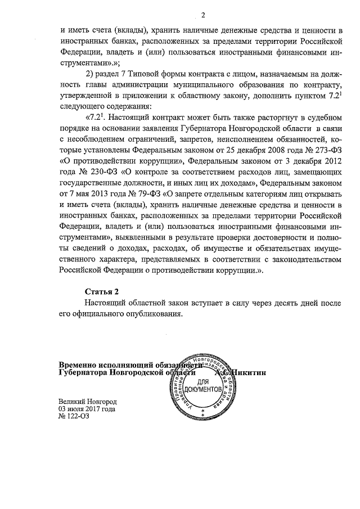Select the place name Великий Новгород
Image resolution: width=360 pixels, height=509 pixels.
[x=87, y=402]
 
